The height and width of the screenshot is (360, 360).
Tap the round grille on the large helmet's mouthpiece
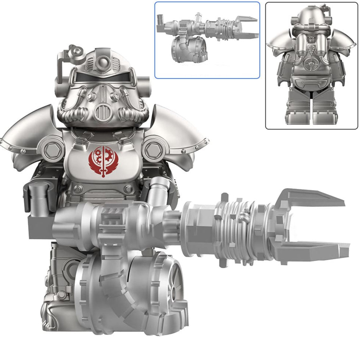[102, 112]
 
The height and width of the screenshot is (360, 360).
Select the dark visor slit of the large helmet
[102, 78]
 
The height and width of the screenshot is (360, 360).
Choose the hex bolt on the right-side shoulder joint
[152, 150]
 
